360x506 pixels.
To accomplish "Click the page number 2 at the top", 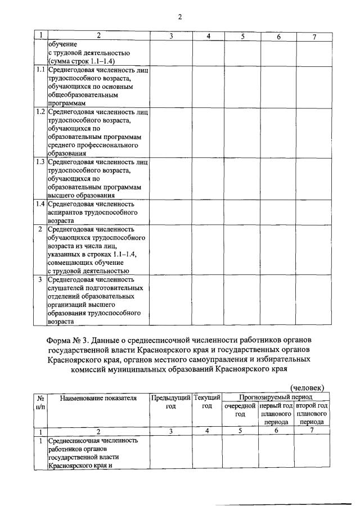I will pos(180,16).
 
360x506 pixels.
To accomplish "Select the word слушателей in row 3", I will pos(67,288).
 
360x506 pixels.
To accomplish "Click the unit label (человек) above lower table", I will pos(307,387).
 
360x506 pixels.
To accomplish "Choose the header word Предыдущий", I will pos(171,398).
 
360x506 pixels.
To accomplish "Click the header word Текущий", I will pos(206,398).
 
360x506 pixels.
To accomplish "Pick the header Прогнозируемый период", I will pos(276,397).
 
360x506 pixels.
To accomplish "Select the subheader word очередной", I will pos(240,406).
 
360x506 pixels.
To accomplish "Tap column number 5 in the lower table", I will pos(240,431).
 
